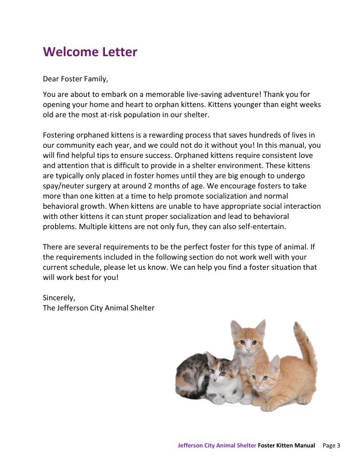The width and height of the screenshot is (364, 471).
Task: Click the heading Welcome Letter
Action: pyautogui.click(x=90, y=52)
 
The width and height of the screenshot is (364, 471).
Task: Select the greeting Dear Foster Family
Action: pyautogui.click(x=75, y=79)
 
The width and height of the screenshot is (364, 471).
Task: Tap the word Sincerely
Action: pyautogui.click(x=59, y=298)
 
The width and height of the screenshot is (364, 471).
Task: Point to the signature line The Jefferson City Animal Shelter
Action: pyautogui.click(x=98, y=308)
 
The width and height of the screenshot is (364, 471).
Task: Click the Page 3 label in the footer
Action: pyautogui.click(x=331, y=445)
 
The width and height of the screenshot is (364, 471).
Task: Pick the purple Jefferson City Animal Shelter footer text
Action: pyautogui.click(x=217, y=445)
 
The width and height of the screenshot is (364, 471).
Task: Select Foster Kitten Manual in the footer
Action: pyautogui.click(x=286, y=445)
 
